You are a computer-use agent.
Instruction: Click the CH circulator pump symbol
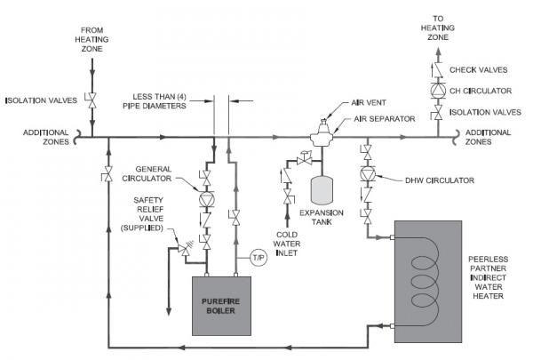437,90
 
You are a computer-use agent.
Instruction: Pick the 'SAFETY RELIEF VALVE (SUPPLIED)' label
141,214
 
